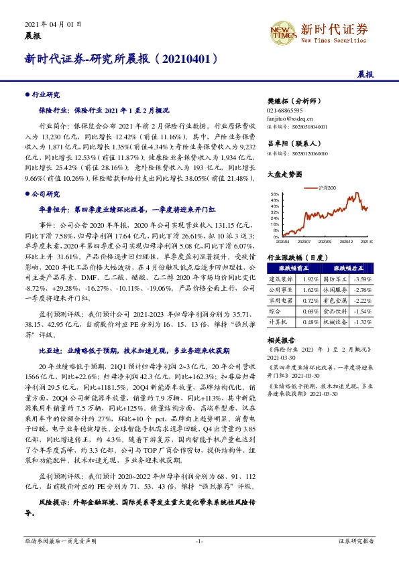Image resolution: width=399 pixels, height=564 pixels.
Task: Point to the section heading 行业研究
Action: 45,95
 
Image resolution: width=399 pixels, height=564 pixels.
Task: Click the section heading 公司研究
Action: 45,194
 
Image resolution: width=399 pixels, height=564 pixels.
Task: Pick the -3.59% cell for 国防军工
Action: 363,278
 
